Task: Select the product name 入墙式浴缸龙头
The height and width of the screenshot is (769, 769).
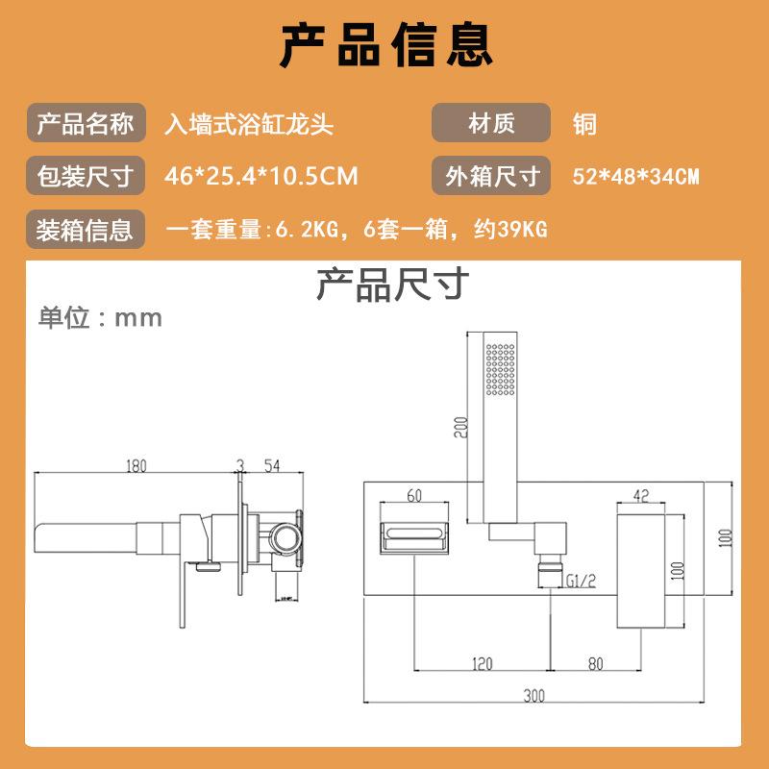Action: pyautogui.click(x=249, y=124)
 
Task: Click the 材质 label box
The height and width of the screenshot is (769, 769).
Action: pyautogui.click(x=490, y=124)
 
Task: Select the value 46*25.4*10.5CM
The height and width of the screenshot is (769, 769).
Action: pyautogui.click(x=261, y=177)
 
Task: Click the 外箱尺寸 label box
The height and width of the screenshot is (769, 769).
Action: pyautogui.click(x=490, y=177)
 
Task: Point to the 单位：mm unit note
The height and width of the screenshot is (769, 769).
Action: pyautogui.click(x=100, y=317)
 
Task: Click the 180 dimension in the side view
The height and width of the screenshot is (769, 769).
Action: pyautogui.click(x=136, y=466)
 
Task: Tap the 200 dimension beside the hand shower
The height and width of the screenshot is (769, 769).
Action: pyautogui.click(x=460, y=426)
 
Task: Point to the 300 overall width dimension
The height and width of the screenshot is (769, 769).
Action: pyautogui.click(x=534, y=694)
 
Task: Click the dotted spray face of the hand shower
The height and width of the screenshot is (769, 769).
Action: pyautogui.click(x=501, y=370)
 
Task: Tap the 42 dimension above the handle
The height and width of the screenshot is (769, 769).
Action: pyautogui.click(x=642, y=495)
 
